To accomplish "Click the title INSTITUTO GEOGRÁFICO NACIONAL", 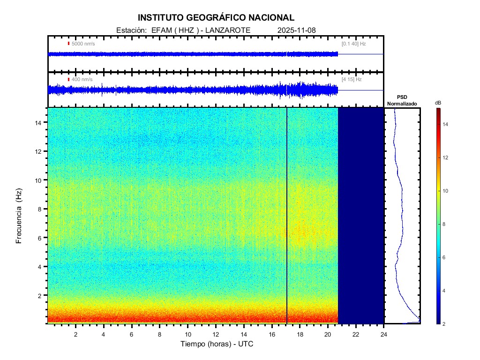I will pos(216,18).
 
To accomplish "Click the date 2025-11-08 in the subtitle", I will pos(297,30).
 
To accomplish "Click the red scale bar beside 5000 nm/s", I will pos(68,44).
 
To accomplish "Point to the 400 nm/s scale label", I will pos(82,80).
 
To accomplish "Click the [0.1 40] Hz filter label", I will pos(354,44).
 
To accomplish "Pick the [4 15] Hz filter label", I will pos(352,80).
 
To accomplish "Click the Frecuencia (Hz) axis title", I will pos(19,216).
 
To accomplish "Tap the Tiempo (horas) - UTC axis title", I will pos(217,344).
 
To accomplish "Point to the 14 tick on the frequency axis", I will pos(39,122).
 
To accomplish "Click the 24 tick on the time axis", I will pos(384,334).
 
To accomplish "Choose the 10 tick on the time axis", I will pos(187,334).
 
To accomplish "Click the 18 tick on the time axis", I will pos(300,334).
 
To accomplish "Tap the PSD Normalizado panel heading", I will pos(402,100).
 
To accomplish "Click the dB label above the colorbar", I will pos(438,103).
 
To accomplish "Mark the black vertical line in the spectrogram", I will pos(287,216).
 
